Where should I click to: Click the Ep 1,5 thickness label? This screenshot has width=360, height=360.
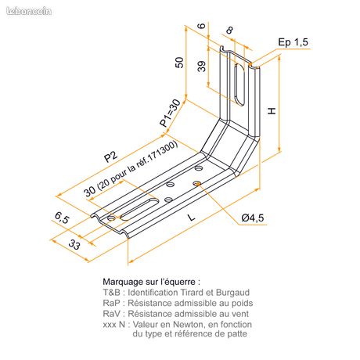[x=293, y=42]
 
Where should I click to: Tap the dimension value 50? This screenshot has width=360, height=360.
[x=179, y=63]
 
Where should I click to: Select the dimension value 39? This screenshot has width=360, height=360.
[x=202, y=67]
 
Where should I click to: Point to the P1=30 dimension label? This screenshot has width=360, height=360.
[x=170, y=113]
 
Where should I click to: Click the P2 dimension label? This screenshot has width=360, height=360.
[x=110, y=157]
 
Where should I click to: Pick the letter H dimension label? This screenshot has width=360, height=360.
[x=272, y=111]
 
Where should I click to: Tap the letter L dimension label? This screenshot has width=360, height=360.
[x=192, y=217]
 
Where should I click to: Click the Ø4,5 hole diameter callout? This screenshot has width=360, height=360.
[x=253, y=218]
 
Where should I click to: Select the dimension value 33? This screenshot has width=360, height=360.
[x=74, y=244]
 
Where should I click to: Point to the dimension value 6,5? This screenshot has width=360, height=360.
[x=62, y=218]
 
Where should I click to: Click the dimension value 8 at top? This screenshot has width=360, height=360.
[x=229, y=31]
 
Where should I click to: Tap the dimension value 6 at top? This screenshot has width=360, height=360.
[x=202, y=26]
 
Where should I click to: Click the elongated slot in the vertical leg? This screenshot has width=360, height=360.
[x=239, y=84]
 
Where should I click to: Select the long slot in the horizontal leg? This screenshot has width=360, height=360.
[x=139, y=209]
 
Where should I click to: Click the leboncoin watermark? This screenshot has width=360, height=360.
[x=29, y=11]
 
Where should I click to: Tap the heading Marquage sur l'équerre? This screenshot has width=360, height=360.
[x=152, y=282]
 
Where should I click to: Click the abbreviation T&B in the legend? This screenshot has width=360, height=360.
[x=111, y=293]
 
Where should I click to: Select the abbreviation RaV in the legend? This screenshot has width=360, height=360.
[x=111, y=314]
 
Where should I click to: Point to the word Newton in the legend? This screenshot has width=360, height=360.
[x=188, y=325]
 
